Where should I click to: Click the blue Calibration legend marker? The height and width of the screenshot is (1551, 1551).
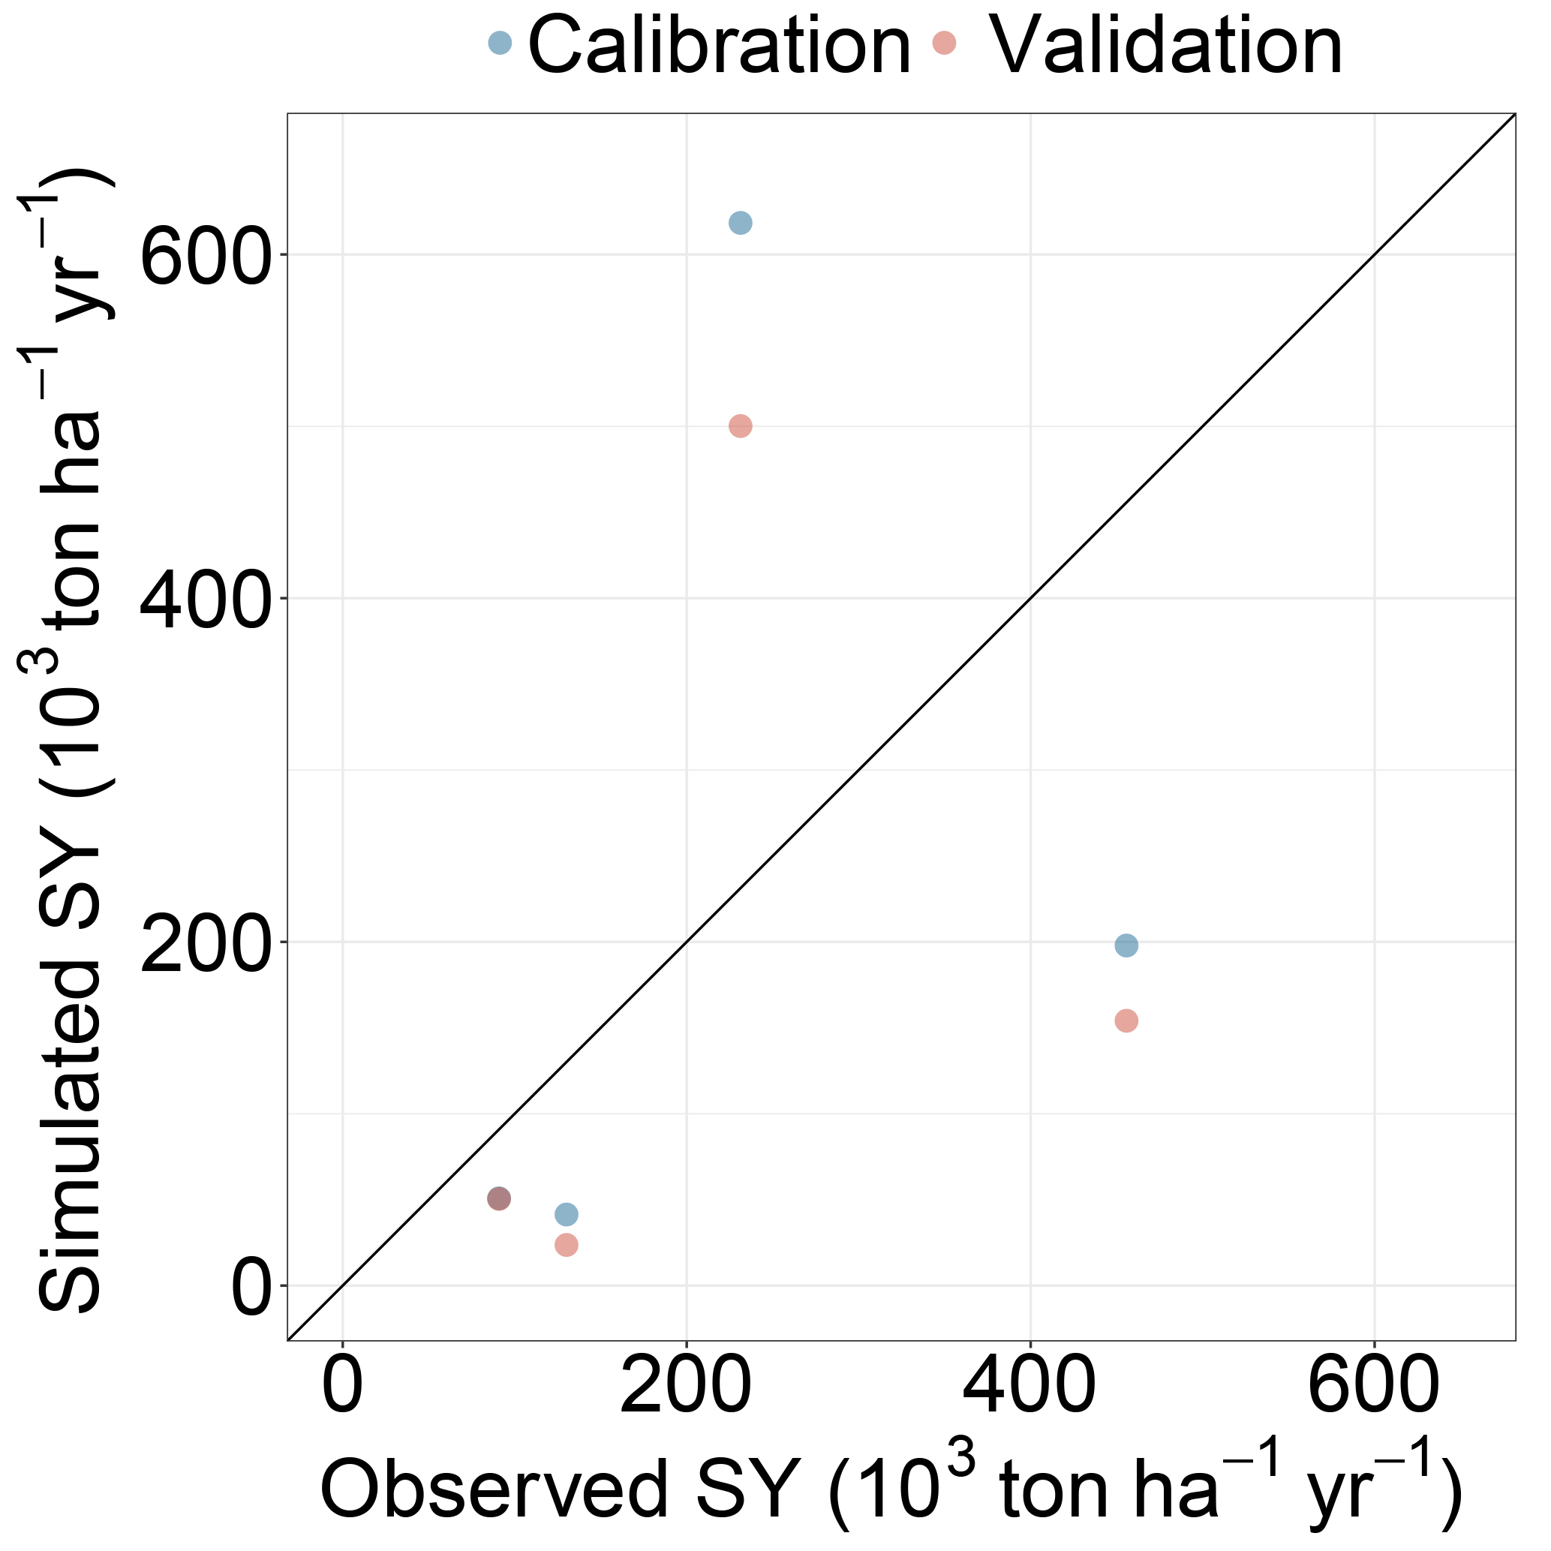500,43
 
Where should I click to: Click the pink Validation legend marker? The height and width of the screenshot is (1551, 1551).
944,43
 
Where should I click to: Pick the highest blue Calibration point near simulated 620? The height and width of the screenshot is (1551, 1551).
740,222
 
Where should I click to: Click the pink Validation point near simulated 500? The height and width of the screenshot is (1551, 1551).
740,426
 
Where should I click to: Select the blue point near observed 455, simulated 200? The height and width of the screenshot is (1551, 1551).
1126,945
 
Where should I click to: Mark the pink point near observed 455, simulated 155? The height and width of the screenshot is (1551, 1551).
1126,1021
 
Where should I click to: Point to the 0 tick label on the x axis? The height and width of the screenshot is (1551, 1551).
343,1387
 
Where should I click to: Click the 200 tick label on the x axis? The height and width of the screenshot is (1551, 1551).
687,1387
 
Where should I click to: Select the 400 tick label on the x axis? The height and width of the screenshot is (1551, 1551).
1030,1387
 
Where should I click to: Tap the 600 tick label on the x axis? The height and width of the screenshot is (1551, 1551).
1374,1387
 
